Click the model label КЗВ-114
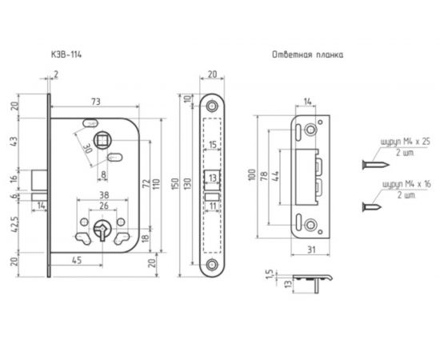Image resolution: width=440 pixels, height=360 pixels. click(x=66, y=54)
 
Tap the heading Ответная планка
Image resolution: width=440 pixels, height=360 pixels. click(x=307, y=54)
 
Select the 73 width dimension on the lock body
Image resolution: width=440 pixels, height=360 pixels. click(x=96, y=102)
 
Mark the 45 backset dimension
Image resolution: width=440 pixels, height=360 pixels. click(x=77, y=260)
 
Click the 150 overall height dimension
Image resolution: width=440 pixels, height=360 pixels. click(x=175, y=184)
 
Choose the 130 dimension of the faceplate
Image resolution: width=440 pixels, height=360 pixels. click(x=188, y=184)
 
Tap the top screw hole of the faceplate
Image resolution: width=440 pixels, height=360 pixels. click(x=212, y=106)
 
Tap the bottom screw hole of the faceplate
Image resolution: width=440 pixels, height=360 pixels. click(x=212, y=264)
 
